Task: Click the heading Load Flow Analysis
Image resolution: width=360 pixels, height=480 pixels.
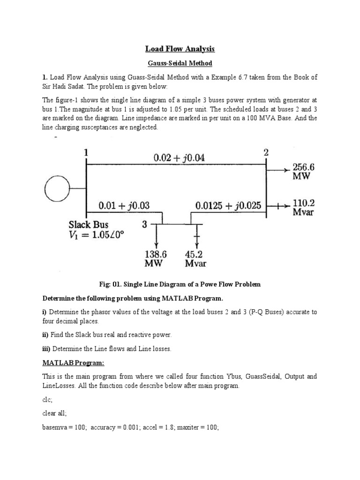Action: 180,49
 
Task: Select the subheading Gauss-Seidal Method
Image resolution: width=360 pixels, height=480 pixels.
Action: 180,63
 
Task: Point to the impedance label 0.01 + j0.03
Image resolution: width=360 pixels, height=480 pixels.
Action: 124,205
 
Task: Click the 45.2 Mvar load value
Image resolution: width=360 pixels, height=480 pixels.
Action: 195,258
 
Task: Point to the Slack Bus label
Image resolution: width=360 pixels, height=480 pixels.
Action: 89,225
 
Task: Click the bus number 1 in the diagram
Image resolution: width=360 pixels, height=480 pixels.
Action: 86,152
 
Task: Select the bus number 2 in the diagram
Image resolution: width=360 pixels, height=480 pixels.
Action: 266,152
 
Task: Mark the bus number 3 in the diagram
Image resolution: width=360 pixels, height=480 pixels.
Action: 144,225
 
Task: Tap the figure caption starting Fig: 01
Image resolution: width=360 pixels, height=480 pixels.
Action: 180,284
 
